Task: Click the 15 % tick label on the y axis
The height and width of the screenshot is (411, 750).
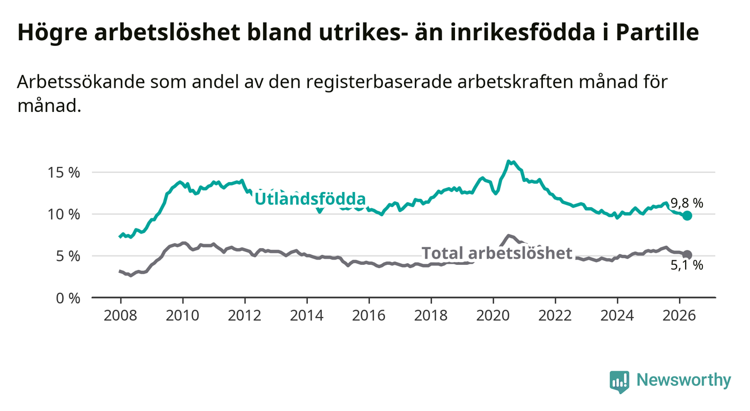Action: [64, 173]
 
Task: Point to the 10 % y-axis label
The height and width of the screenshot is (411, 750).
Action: [64, 214]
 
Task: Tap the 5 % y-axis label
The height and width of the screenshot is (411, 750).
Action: [68, 256]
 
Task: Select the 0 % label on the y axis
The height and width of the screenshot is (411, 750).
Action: [68, 298]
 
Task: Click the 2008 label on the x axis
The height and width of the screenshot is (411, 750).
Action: [120, 316]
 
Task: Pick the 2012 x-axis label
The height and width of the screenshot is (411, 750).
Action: [245, 316]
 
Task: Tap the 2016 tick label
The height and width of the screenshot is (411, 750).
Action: [369, 316]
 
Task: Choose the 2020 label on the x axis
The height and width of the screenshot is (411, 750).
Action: [493, 316]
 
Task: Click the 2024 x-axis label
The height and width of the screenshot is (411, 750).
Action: [617, 316]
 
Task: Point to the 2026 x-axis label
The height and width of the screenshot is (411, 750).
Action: [679, 316]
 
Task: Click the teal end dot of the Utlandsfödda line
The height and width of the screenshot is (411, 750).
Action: [687, 216]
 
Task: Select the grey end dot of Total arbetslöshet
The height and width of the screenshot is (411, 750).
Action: [687, 255]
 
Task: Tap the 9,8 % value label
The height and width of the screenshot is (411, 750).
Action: [687, 203]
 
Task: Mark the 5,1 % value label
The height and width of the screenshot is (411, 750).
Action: [687, 265]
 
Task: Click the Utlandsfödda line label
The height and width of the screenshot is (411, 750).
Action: [310, 199]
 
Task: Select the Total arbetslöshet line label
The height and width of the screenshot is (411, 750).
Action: [497, 253]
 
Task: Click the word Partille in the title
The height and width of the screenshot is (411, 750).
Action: [657, 32]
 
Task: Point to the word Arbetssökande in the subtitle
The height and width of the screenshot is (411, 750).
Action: [81, 82]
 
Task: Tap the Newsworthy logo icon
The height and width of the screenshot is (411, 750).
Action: [620, 382]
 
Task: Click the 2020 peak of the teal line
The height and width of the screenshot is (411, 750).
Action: [508, 161]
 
